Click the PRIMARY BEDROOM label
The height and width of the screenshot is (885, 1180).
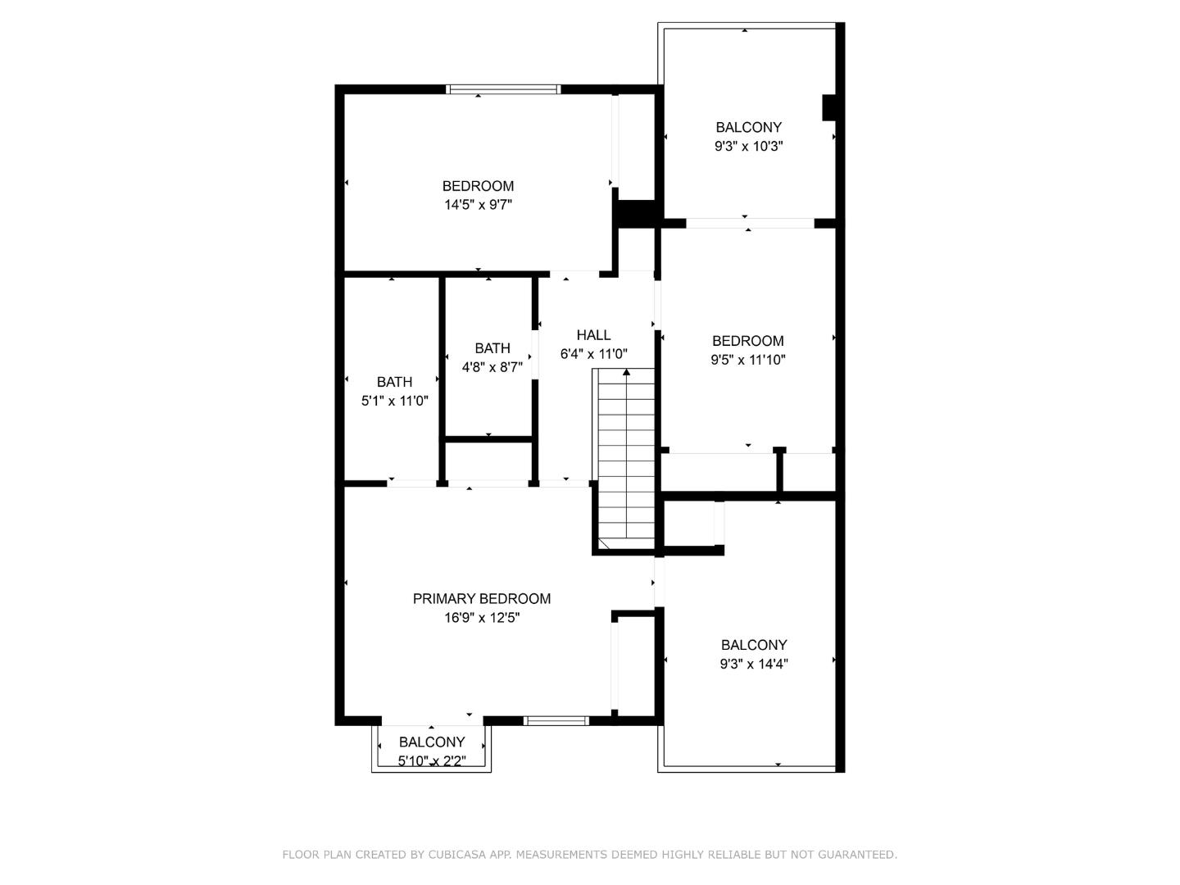481,599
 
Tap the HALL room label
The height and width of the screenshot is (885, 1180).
593,335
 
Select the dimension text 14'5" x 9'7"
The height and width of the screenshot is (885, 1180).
478,205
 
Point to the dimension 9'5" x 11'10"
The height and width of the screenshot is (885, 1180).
747,360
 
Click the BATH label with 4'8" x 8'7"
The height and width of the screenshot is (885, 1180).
492,348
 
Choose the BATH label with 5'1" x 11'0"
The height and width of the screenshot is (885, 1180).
394,382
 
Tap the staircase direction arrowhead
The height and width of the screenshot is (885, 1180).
627,373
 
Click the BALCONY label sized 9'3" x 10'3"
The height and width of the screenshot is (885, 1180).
748,127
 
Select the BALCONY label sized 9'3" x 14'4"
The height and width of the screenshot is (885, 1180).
753,645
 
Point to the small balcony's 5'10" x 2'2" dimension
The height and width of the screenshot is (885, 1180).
432,760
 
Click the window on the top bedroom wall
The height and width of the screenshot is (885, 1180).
503,89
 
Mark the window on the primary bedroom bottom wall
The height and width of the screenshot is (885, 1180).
556,721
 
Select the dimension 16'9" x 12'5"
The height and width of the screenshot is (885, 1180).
482,618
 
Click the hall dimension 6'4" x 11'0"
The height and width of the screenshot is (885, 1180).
593,354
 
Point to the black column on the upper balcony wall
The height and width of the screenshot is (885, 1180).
829,108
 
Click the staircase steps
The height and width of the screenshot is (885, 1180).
627,459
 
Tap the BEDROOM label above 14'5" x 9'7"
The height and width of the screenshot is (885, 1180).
478,186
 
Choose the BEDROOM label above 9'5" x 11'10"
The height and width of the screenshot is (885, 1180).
747,341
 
